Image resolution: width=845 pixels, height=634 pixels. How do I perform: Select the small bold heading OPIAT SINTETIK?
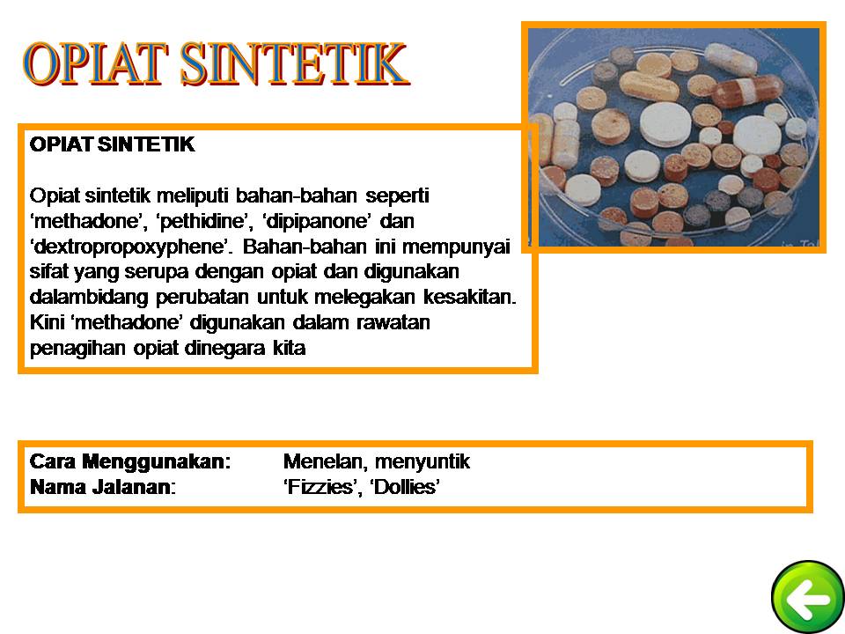click(112, 145)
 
